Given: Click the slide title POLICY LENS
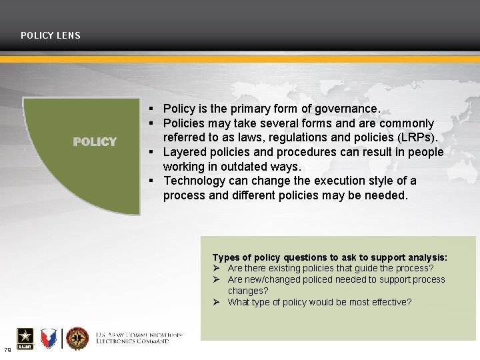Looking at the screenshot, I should (51, 35).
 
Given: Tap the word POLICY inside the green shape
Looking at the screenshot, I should (95, 141).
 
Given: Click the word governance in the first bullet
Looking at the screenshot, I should (348, 108).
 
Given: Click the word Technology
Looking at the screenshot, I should (193, 181).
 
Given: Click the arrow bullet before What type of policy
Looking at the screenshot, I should (217, 302).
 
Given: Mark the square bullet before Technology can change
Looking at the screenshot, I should (153, 181).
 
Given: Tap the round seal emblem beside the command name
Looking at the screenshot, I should (77, 338).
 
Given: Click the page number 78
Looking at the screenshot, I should (7, 350).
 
